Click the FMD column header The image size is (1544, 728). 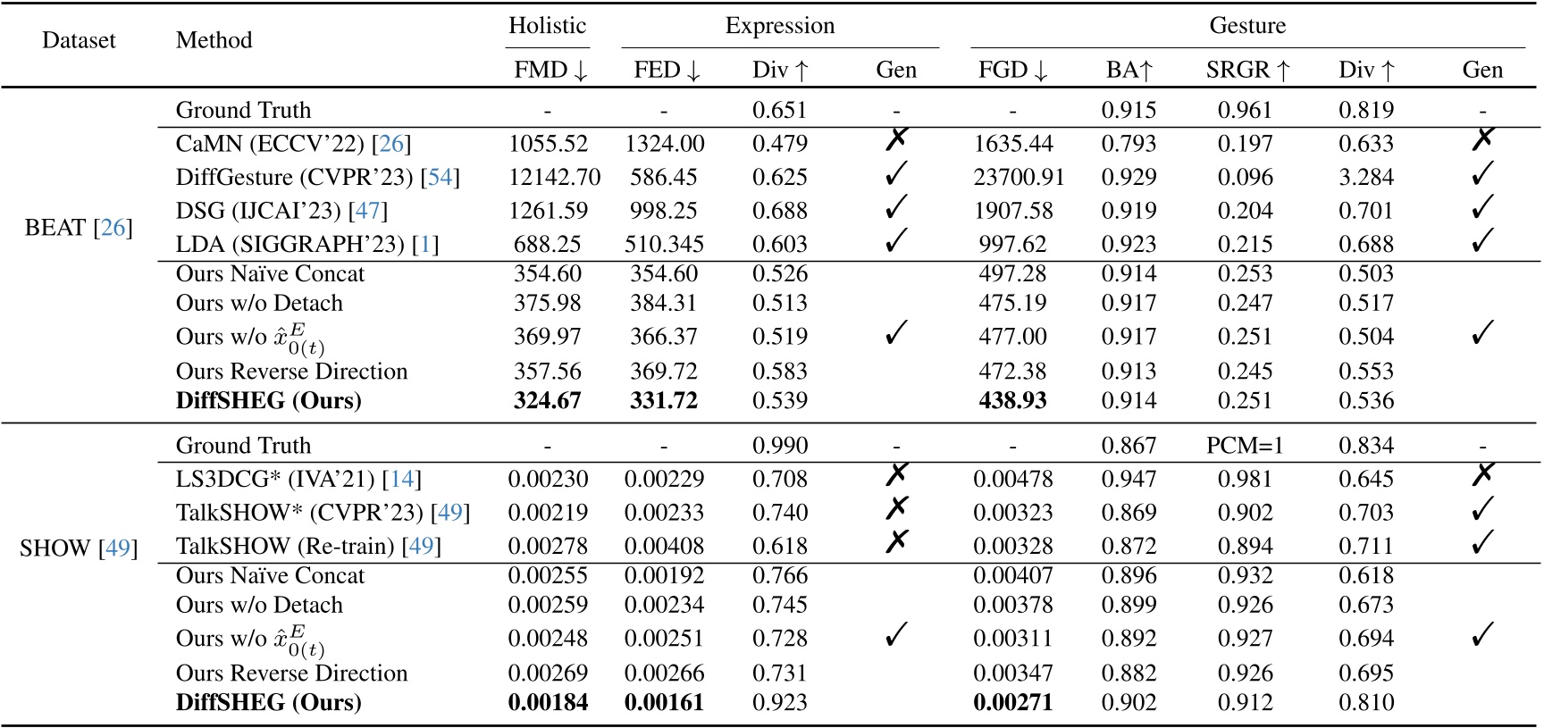(550, 70)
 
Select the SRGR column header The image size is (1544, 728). (1247, 70)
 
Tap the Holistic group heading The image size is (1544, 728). (547, 26)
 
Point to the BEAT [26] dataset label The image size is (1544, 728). (79, 228)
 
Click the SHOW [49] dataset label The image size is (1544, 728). (79, 548)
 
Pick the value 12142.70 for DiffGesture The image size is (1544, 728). (554, 177)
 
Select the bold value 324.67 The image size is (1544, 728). (547, 400)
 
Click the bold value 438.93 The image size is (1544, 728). (1012, 400)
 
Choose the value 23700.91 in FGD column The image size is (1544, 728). (1019, 177)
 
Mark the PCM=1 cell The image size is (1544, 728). (1245, 446)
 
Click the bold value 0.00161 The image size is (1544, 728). (664, 702)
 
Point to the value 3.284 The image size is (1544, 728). (1365, 177)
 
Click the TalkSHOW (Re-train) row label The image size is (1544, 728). (308, 546)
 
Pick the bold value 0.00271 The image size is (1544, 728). (1012, 702)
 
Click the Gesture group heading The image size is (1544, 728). (1247, 26)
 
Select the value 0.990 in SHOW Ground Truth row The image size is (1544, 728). (779, 446)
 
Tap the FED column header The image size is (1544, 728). (667, 70)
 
